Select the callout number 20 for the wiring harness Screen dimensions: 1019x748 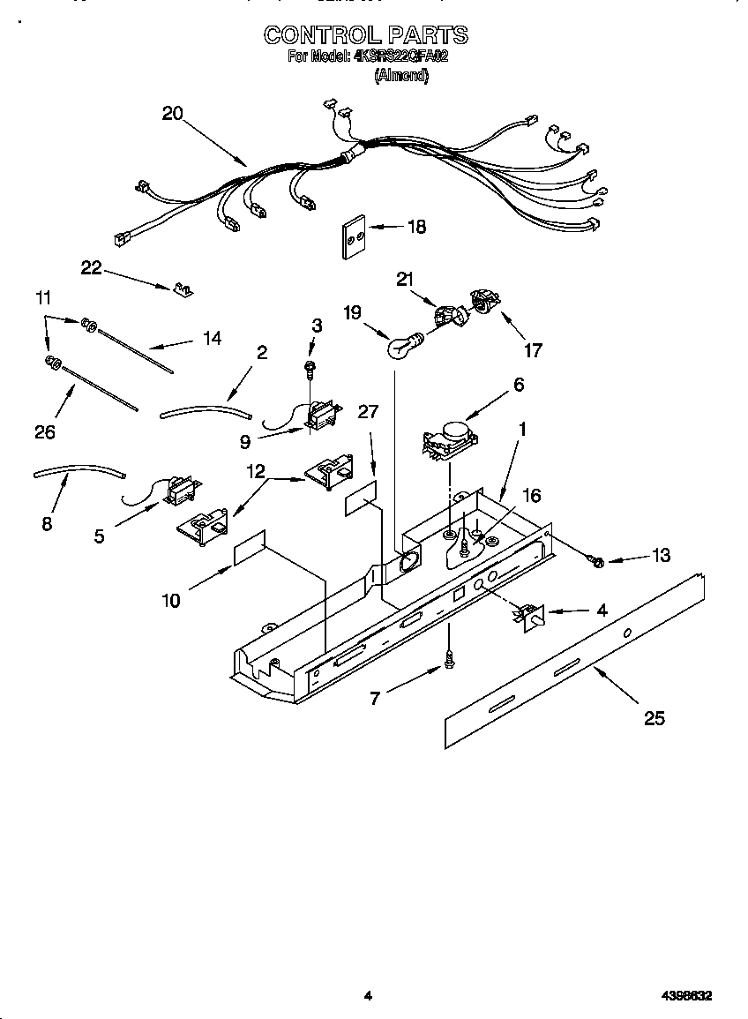coord(172,113)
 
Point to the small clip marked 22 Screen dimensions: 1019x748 coord(183,289)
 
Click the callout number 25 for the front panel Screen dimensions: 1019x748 coord(654,718)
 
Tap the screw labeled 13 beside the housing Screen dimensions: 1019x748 coord(595,560)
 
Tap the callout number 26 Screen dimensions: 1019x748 coord(44,431)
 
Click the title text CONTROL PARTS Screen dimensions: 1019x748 coord(365,35)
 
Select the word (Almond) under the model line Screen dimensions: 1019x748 coord(401,76)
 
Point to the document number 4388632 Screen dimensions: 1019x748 coord(686,996)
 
